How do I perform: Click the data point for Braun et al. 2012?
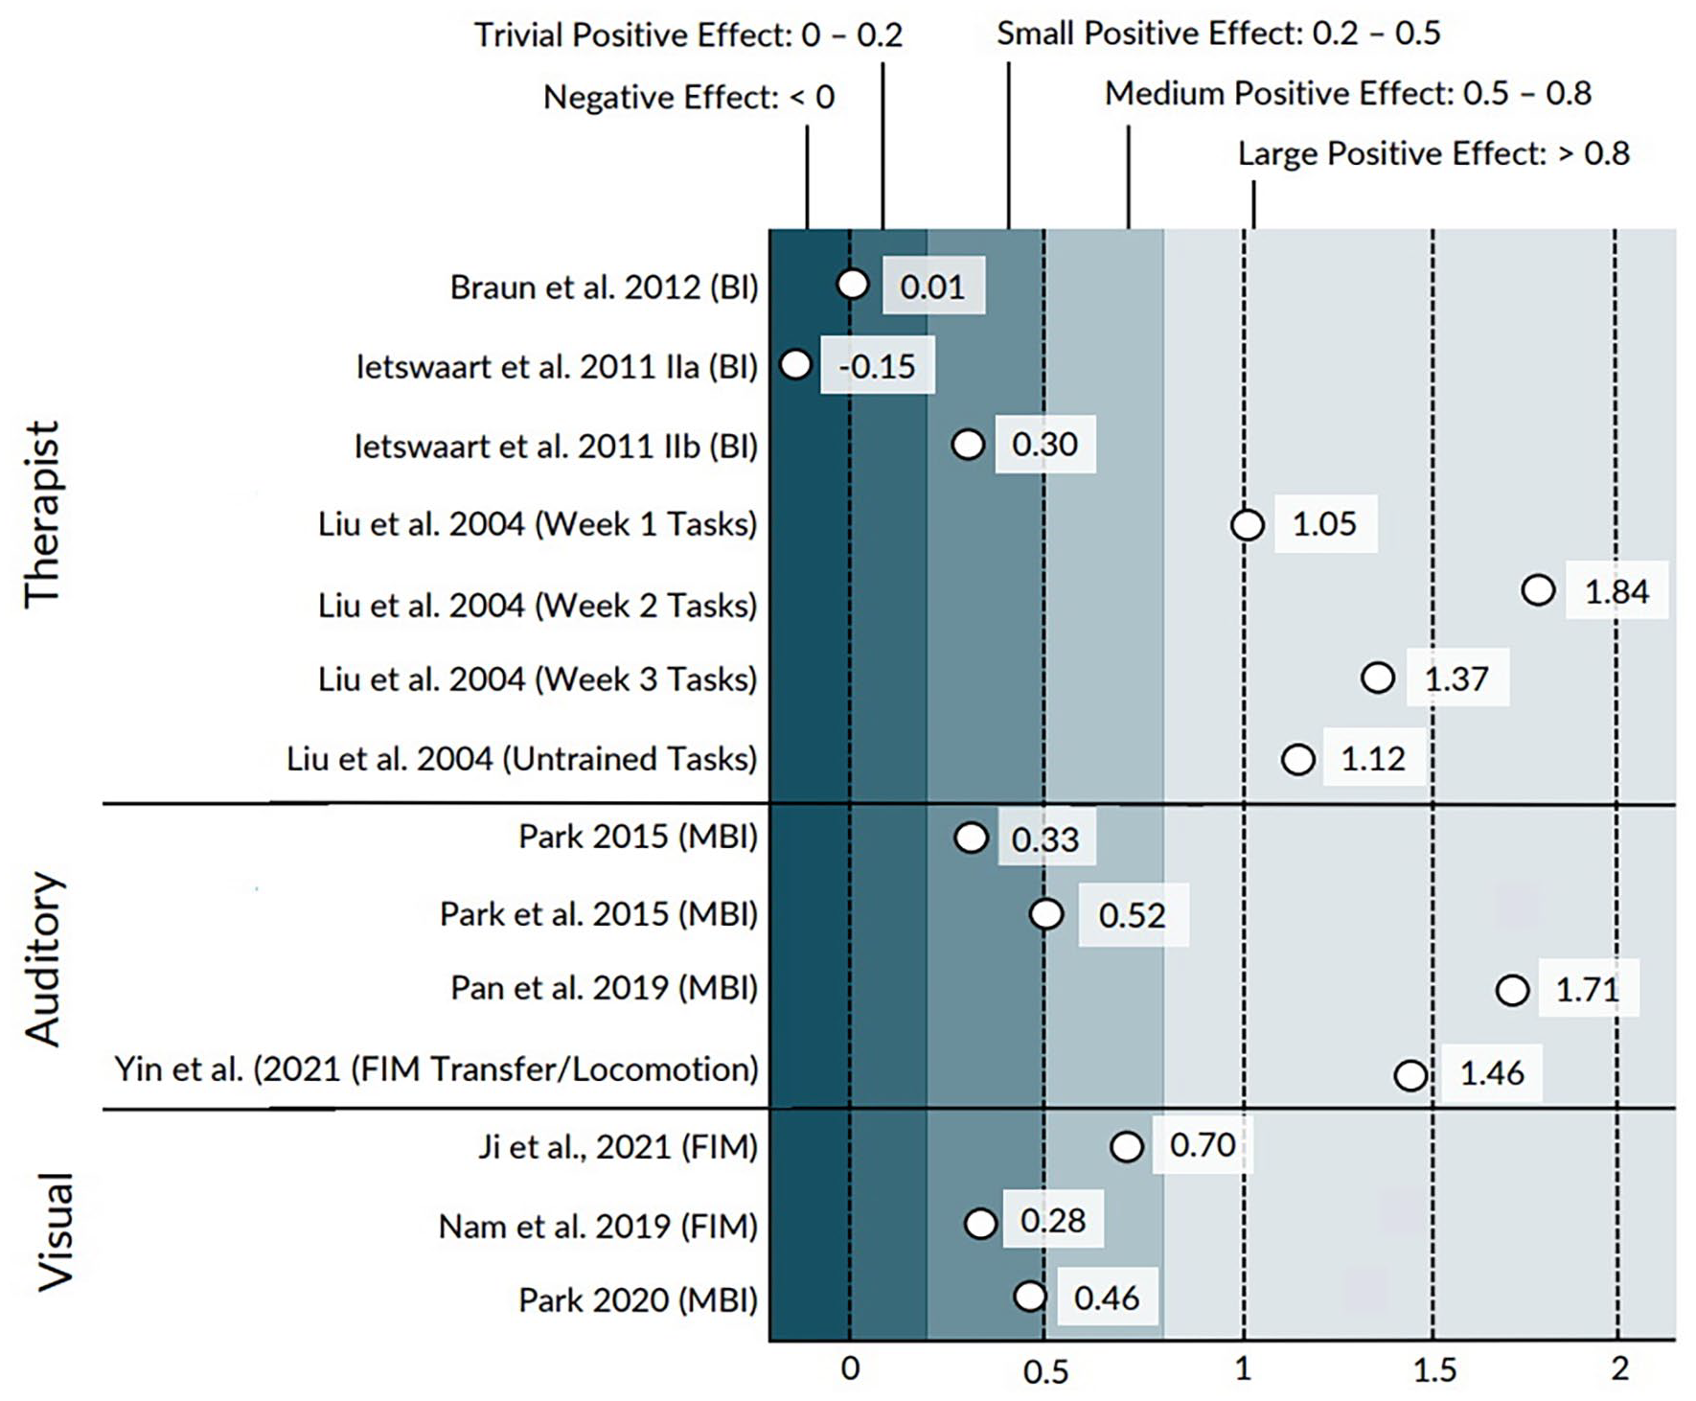point(852,284)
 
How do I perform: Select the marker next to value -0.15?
point(795,364)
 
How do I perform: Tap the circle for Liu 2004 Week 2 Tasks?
point(1538,589)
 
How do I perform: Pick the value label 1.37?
point(1456,678)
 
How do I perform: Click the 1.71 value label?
point(1588,988)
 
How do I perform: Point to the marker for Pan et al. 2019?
point(1512,989)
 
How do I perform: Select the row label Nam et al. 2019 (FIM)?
point(598,1226)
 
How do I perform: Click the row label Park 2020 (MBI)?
point(638,1299)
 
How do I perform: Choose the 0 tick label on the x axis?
point(850,1369)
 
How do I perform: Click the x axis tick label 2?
point(1619,1368)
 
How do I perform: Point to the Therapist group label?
point(43,515)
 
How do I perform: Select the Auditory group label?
point(43,958)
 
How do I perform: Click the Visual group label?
point(55,1231)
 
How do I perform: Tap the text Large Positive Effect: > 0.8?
point(1433,153)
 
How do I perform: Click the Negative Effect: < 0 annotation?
point(689,97)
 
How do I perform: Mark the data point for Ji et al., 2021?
point(1127,1146)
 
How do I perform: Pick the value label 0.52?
point(1132,915)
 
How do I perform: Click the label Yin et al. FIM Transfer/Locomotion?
point(437,1068)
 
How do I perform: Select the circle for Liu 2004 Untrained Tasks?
point(1298,760)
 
